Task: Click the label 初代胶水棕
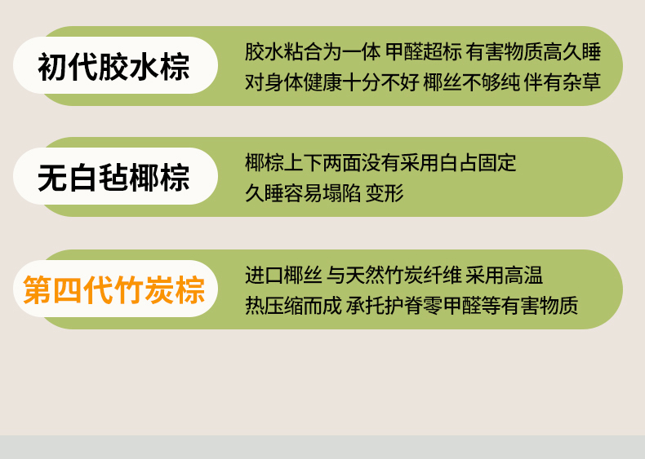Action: tap(113, 66)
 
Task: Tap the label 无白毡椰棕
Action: tap(113, 177)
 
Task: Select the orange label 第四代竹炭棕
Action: tap(114, 289)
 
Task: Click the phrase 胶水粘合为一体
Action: tap(313, 52)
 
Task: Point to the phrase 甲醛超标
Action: tap(423, 52)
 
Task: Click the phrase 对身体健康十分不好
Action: tap(332, 82)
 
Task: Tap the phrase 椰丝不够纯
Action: tap(472, 82)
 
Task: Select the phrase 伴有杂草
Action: tap(563, 82)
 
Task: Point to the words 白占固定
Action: tap(477, 163)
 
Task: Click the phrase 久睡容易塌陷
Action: tap(303, 193)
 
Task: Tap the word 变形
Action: tap(385, 193)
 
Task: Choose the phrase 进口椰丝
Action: tap(283, 276)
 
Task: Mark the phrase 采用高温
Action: tap(504, 276)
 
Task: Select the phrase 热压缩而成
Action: tap(293, 305)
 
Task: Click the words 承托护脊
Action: tap(385, 305)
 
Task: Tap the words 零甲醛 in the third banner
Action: tap(452, 305)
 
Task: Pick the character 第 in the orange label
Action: tap(38, 289)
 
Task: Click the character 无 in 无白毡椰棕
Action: tap(51, 177)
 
